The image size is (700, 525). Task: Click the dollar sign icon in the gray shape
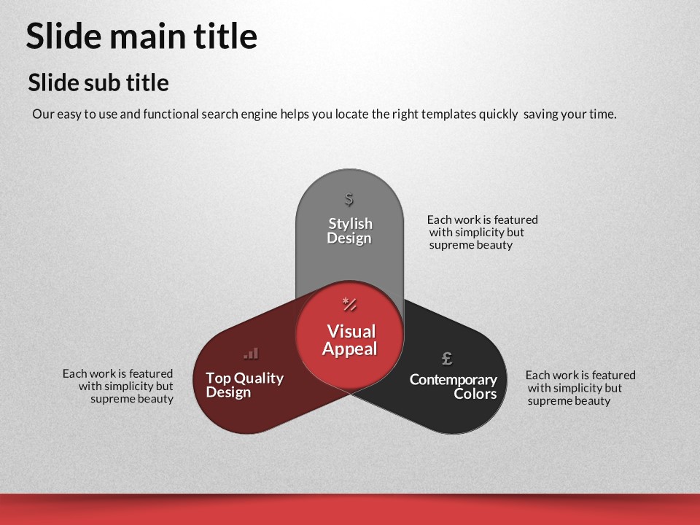tap(349, 199)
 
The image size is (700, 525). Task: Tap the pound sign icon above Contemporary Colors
tap(447, 358)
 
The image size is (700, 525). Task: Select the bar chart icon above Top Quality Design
tap(251, 354)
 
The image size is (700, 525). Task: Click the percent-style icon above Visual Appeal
tap(349, 304)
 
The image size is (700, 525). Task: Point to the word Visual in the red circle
tap(351, 332)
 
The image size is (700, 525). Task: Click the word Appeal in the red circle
tap(350, 349)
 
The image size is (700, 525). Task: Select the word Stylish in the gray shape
tap(351, 224)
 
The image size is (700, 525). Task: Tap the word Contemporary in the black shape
tap(453, 380)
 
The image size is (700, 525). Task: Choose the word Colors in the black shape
tap(475, 394)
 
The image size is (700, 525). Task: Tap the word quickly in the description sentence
tap(498, 114)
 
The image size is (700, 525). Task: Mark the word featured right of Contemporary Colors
tap(613, 376)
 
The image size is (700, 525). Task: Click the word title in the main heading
tap(225, 36)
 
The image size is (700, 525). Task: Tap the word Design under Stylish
tap(349, 238)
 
